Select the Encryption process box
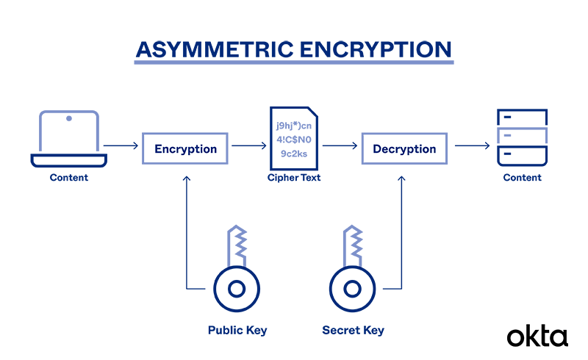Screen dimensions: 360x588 tap(185, 148)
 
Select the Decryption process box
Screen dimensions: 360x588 tap(404, 148)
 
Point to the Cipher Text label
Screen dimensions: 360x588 tap(294, 178)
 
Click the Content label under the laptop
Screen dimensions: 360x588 tap(68, 178)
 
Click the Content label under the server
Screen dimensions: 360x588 tap(522, 178)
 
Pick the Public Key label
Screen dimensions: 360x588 tap(237, 331)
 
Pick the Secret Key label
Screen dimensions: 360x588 tap(353, 331)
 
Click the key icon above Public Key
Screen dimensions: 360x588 tap(236, 272)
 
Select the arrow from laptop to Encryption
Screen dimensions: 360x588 tap(121, 146)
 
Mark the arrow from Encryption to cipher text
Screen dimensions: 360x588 tap(248, 146)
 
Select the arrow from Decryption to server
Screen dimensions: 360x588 tap(471, 146)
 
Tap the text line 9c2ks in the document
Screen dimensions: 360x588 tap(294, 154)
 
